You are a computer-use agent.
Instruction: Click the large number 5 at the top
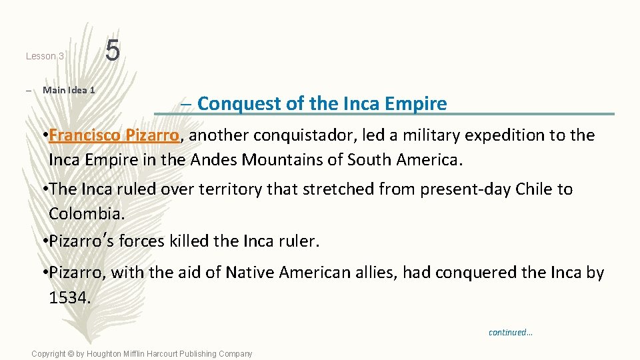pos(113,51)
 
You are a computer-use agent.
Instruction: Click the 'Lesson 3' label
pos(45,57)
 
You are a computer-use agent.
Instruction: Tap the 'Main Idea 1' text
pos(69,90)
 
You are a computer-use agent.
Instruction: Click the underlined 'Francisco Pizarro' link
pos(113,135)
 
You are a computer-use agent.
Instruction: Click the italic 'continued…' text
pos(511,332)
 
